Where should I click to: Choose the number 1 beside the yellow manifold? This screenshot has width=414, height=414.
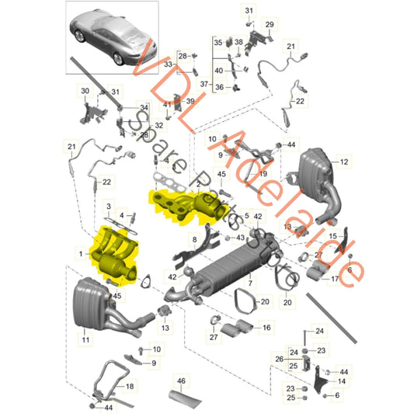pos(78,252)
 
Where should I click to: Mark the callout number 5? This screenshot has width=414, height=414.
pos(246,215)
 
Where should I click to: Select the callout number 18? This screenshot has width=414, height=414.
pos(130,385)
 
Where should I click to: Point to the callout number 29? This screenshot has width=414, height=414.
pos(270,26)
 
